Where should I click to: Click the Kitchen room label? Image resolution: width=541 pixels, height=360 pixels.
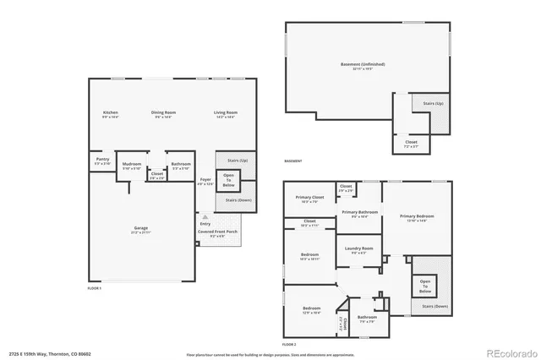click(x=110, y=112)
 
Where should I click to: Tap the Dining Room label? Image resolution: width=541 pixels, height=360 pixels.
click(x=163, y=112)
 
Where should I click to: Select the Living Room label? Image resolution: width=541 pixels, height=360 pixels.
click(x=225, y=112)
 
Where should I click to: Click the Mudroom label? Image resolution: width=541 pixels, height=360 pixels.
click(x=131, y=164)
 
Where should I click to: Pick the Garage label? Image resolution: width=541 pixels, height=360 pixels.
click(x=140, y=228)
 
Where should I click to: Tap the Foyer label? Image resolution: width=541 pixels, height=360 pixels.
click(x=205, y=180)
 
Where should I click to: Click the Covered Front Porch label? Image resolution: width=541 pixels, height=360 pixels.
click(x=217, y=232)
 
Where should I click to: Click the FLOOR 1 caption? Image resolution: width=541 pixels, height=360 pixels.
click(x=95, y=289)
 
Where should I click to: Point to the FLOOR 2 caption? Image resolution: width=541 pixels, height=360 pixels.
click(x=289, y=345)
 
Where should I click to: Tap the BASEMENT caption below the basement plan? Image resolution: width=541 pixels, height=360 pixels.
click(x=292, y=161)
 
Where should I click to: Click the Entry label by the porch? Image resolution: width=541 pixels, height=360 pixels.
click(x=205, y=224)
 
